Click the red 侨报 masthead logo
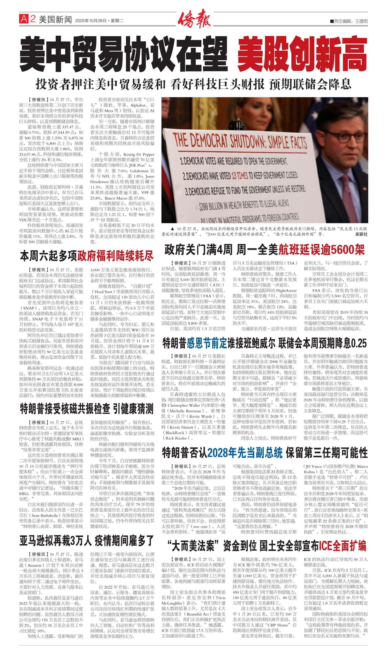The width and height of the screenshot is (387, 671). coord(194,19)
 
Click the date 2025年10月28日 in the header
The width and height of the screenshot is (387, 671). coord(91,20)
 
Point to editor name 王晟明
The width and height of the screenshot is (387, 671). coord(361,21)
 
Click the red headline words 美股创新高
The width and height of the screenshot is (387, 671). coord(302,54)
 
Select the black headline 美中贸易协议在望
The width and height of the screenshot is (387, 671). coord(123,54)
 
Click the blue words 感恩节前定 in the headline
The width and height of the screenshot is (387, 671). coord(207,344)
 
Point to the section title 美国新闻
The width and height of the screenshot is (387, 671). coord(55,19)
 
